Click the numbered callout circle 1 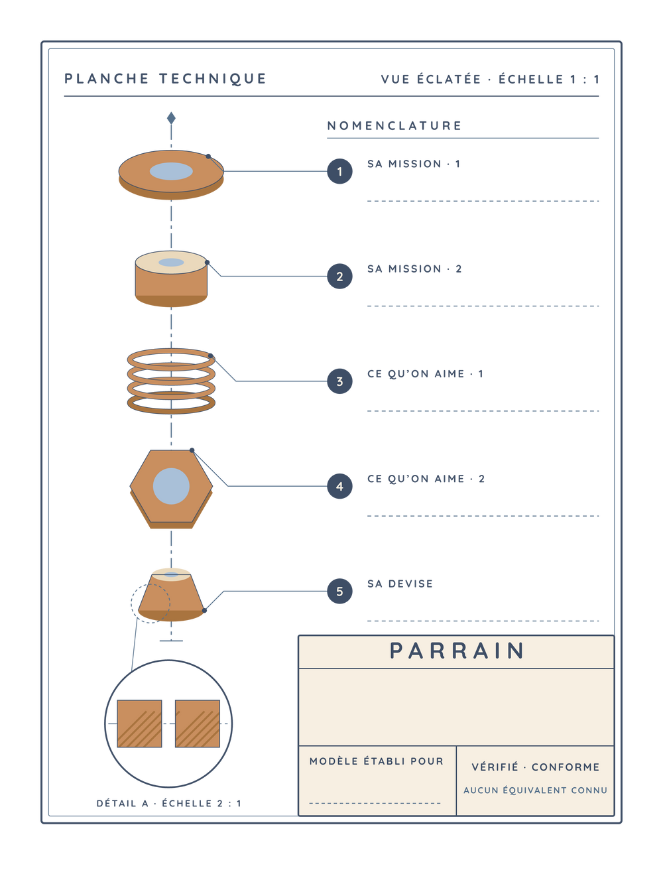[339, 171]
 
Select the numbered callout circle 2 [339, 277]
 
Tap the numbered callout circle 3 [339, 381]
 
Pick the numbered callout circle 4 [339, 486]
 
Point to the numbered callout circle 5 [339, 592]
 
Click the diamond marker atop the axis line [171, 118]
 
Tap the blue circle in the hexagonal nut [171, 486]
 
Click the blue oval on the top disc [171, 171]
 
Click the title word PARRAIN [457, 651]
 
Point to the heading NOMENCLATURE [394, 125]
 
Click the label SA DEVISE [400, 584]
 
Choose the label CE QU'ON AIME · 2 [426, 479]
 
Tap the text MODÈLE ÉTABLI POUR [377, 761]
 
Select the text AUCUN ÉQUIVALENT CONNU [535, 790]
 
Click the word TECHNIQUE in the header [213, 78]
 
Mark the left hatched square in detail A [139, 724]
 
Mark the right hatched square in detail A [198, 724]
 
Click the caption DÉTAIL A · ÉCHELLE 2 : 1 [168, 804]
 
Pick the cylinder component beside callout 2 [171, 279]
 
